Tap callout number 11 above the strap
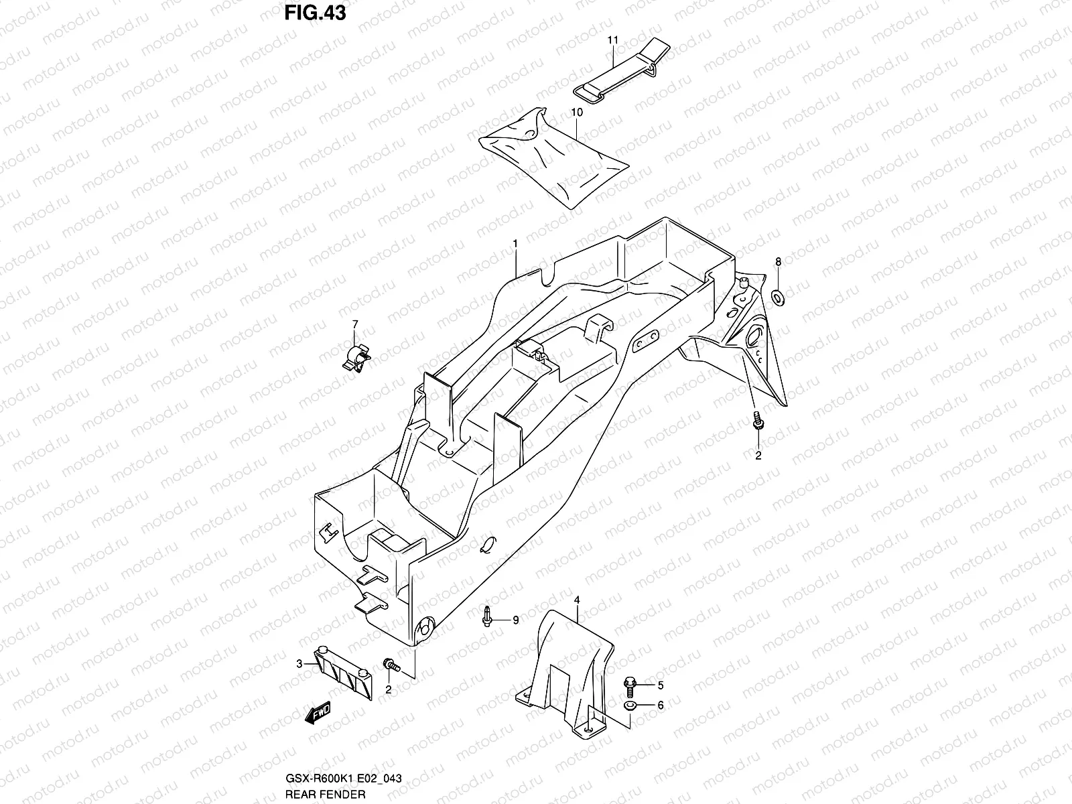(612, 41)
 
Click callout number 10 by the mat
(577, 113)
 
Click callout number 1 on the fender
(516, 245)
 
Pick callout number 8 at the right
(778, 261)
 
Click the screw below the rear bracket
(757, 421)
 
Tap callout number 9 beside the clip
(516, 620)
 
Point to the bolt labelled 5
(630, 685)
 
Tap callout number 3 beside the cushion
(299, 664)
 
